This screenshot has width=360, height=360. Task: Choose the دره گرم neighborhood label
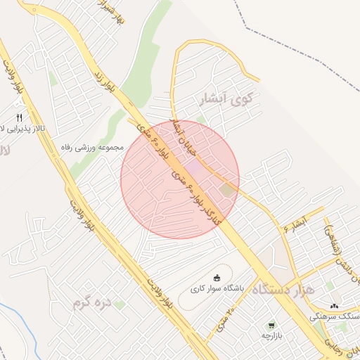[x=91, y=303]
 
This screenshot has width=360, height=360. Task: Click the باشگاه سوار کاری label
[x=216, y=289]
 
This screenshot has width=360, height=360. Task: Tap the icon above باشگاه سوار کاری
[x=216, y=277]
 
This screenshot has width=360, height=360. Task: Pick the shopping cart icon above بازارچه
[x=270, y=326]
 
